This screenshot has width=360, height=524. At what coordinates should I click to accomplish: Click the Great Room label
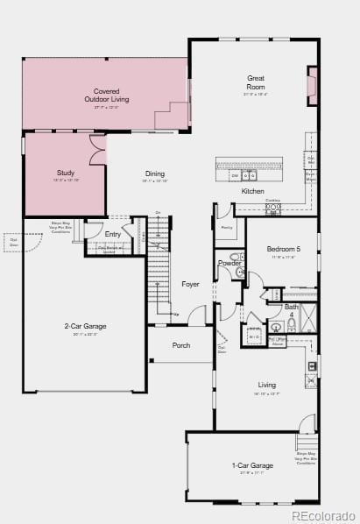255,82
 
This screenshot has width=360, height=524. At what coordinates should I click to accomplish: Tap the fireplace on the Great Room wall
313,85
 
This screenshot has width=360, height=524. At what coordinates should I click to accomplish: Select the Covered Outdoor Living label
107,96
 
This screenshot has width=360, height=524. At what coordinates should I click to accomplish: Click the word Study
66,173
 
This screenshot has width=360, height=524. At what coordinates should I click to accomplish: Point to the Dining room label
155,173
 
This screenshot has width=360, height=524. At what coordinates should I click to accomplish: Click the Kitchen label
252,191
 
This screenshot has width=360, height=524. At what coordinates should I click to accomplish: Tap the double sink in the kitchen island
244,175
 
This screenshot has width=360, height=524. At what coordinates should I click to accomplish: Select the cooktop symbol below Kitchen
272,209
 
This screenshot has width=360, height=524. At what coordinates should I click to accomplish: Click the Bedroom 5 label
283,250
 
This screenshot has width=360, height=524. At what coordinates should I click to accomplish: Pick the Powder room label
229,263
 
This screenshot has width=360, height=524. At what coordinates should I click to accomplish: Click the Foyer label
190,284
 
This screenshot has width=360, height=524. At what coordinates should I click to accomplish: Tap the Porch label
181,345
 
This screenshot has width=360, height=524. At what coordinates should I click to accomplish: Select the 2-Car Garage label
85,327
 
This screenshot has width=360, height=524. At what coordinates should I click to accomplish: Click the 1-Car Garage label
252,465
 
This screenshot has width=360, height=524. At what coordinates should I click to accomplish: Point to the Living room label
266,385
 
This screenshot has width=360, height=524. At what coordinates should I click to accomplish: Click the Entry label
113,234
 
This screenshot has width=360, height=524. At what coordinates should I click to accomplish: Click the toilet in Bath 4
276,328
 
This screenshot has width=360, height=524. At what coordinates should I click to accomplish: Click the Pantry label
226,227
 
